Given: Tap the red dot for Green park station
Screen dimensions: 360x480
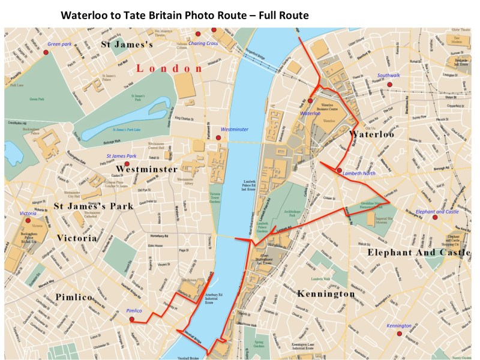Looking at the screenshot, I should (x=46, y=53).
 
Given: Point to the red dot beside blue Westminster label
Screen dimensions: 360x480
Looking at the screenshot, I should (x=218, y=138).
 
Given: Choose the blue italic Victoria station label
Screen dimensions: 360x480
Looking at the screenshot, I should (x=29, y=214).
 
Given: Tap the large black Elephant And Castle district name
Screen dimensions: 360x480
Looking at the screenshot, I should (x=419, y=253).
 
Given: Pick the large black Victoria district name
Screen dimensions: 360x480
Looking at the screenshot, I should (x=77, y=238).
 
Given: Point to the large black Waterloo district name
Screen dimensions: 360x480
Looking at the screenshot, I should (x=372, y=134).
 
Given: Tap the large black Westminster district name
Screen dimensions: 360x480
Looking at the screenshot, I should (x=147, y=169).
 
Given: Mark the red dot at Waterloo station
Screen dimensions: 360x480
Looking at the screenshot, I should (x=311, y=100).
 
